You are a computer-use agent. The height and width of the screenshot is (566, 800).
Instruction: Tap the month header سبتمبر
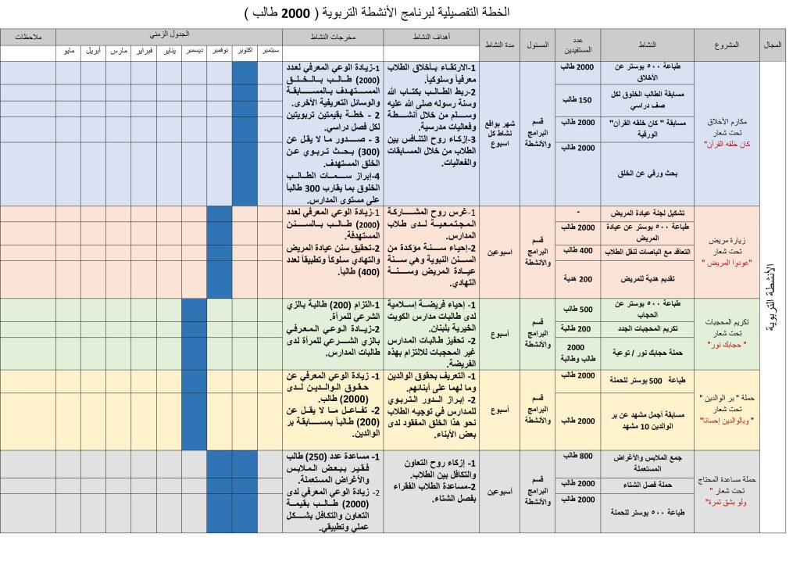270,51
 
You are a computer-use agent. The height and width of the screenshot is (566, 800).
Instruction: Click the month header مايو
69,51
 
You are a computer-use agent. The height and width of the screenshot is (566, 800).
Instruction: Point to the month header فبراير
144,51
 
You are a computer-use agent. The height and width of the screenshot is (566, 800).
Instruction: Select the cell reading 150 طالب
579,99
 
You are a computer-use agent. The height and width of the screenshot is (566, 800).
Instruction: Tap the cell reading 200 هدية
579,278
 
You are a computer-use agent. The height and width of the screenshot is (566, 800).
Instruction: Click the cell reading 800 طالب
579,455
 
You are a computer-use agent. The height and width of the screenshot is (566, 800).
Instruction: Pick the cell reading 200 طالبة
579,328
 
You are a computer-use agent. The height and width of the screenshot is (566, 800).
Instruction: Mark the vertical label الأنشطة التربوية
773,296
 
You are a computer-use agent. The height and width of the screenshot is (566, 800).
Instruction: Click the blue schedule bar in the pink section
220,251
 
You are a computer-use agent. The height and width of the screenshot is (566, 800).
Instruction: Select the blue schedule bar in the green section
195,333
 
